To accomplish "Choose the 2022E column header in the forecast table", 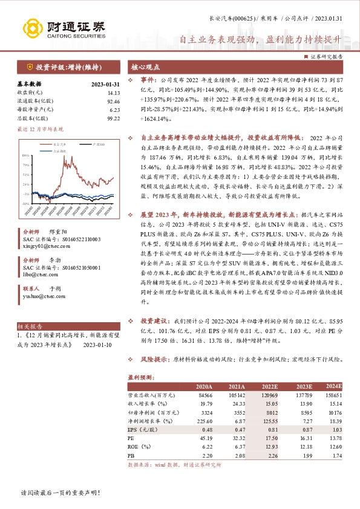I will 270,386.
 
